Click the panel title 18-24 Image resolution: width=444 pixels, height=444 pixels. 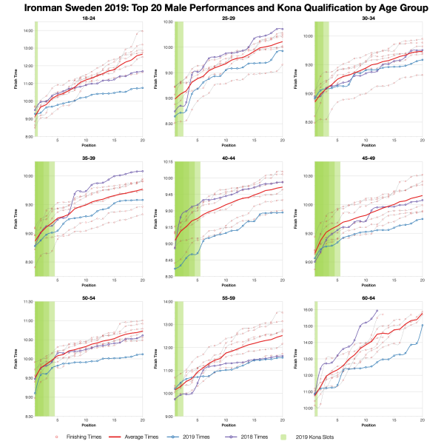click(89, 16)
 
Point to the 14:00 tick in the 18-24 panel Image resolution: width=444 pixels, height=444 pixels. click(26, 30)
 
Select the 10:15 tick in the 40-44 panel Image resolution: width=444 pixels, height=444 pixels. click(166, 162)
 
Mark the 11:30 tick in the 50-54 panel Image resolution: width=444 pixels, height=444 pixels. click(26, 302)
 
